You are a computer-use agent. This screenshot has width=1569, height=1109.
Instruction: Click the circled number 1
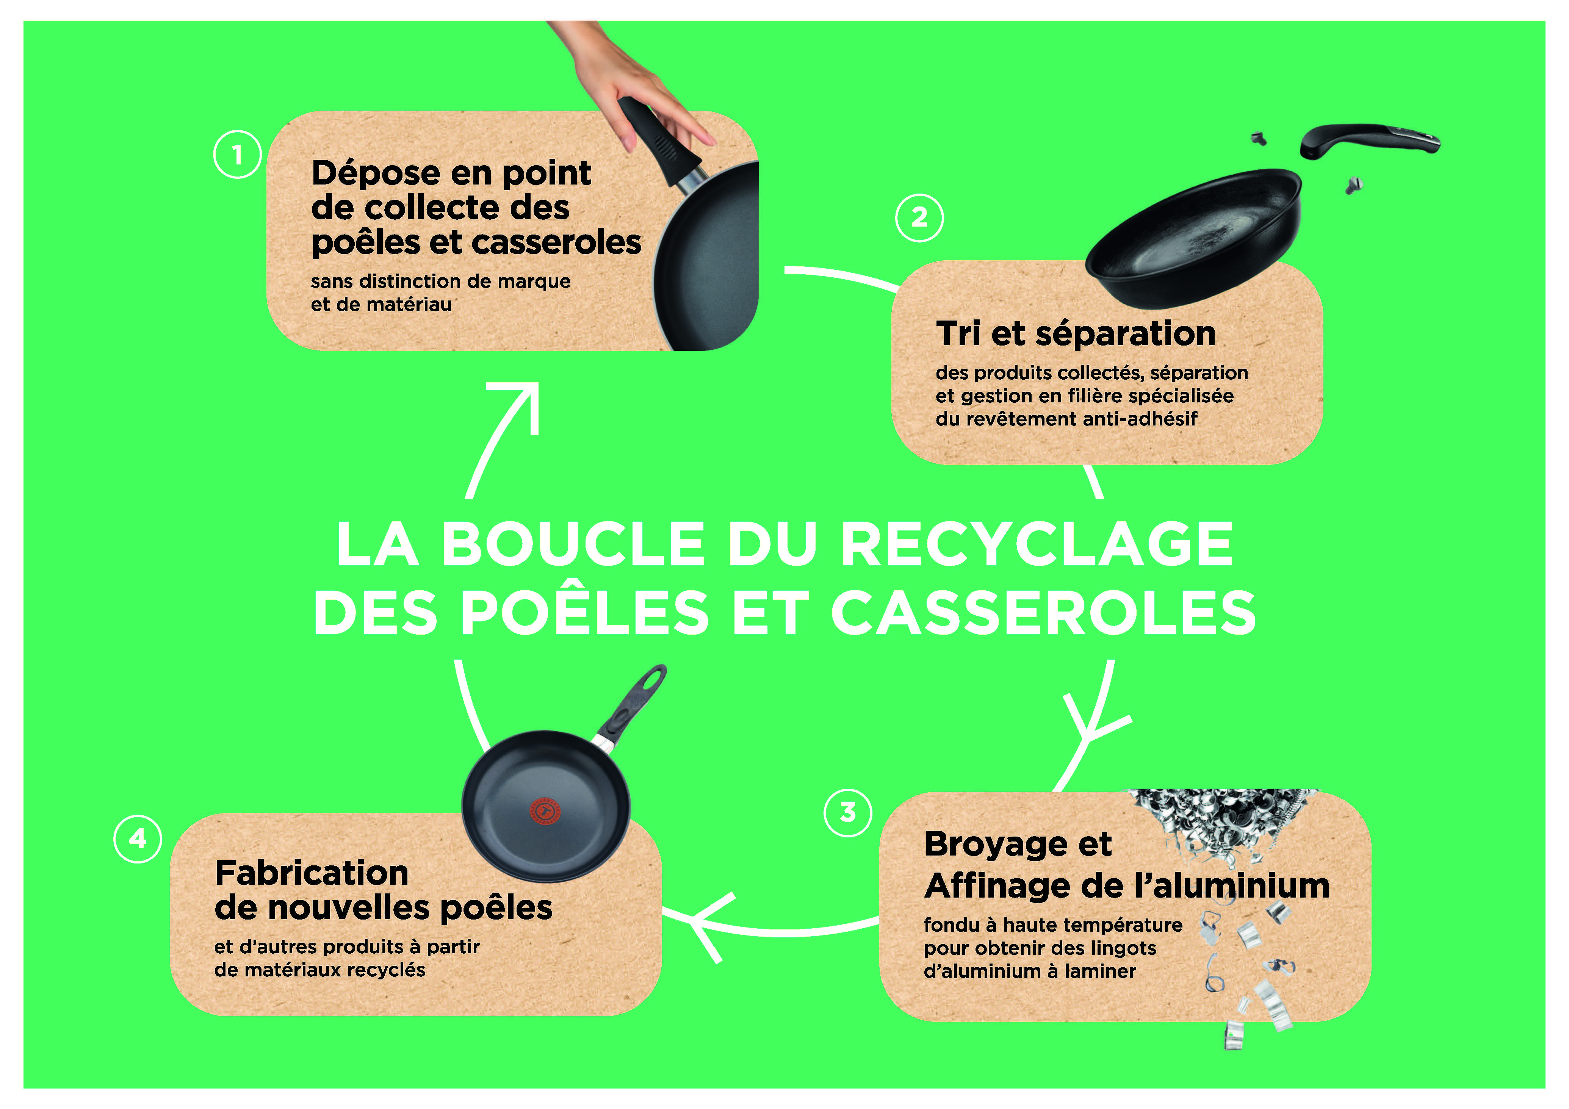coord(237,155)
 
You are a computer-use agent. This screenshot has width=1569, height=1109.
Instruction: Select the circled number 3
coord(848,812)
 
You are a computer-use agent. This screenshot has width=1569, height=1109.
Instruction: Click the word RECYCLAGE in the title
coord(1036,544)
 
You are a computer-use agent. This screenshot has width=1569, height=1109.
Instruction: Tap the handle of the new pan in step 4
coord(632,707)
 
